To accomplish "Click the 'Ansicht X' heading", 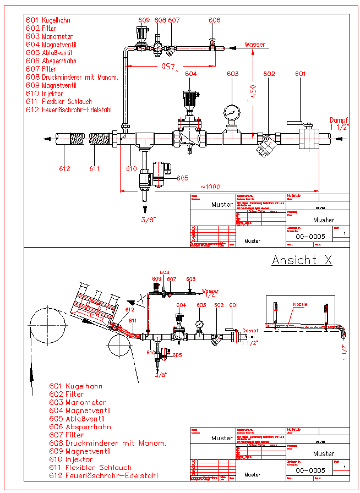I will tap(302, 260).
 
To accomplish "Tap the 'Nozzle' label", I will tap(300, 304).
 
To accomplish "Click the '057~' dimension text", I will tap(169, 69).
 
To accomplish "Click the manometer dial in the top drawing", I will tap(232, 113).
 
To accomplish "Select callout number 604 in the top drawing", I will tap(190, 74).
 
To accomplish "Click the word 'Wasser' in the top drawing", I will tap(255, 45).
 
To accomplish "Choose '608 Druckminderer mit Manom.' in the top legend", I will tap(72, 78).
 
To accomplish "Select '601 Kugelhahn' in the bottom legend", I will tap(75, 386).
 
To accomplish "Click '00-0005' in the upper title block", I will tap(310, 237).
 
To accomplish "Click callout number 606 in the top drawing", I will tap(214, 20).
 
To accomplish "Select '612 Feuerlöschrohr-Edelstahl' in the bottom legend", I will tap(103, 475).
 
